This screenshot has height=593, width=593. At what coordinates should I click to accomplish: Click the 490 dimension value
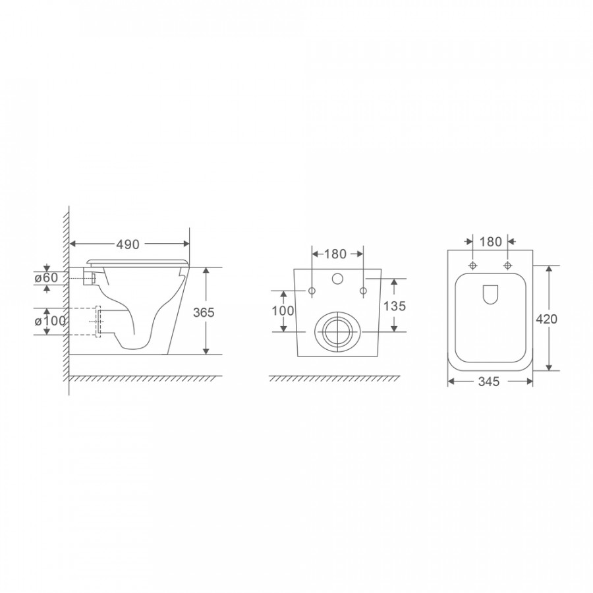[x=127, y=244]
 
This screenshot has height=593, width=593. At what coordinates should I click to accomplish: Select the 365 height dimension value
[x=204, y=312]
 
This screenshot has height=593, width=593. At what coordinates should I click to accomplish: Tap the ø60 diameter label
[x=46, y=277]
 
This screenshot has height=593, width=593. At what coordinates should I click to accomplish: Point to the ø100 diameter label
[x=50, y=321]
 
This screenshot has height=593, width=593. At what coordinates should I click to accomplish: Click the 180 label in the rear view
[x=335, y=254]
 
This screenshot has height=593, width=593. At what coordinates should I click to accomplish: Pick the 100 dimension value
[x=283, y=311]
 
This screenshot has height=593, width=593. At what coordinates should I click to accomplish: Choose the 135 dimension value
[x=395, y=306]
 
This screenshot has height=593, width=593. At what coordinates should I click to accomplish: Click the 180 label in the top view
[x=490, y=242]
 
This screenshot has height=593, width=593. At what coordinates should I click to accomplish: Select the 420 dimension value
[x=546, y=319]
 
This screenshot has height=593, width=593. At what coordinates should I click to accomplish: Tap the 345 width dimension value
[x=489, y=381]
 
